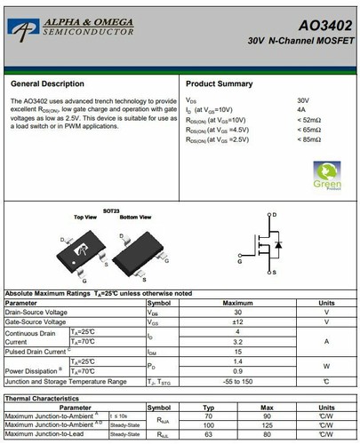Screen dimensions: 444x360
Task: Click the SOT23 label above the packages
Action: pyautogui.click(x=111, y=211)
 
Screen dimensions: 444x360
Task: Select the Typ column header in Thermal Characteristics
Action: pyautogui.click(x=210, y=407)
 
